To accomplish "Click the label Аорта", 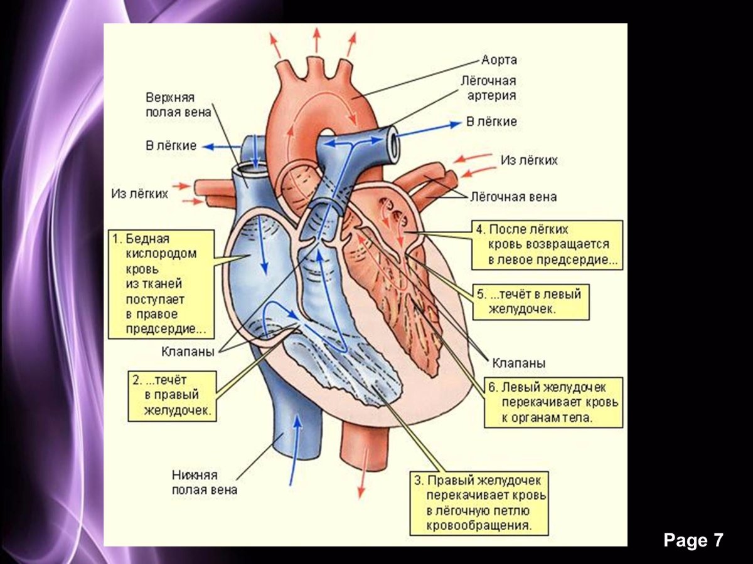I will pyautogui.click(x=499, y=60).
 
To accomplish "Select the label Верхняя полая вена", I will pyautogui.click(x=170, y=105).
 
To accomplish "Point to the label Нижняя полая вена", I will pyautogui.click(x=205, y=482).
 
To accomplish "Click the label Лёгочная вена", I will pyautogui.click(x=513, y=197).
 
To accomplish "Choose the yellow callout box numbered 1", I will pyautogui.click(x=161, y=284).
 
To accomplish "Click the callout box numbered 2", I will pyautogui.click(x=173, y=395).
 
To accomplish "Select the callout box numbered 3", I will pyautogui.click(x=480, y=503).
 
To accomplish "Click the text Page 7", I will pyautogui.click(x=693, y=540).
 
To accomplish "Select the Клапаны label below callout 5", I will pyautogui.click(x=518, y=363).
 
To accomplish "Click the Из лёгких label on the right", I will pyautogui.click(x=529, y=160).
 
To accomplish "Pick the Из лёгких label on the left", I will pyautogui.click(x=140, y=193).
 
